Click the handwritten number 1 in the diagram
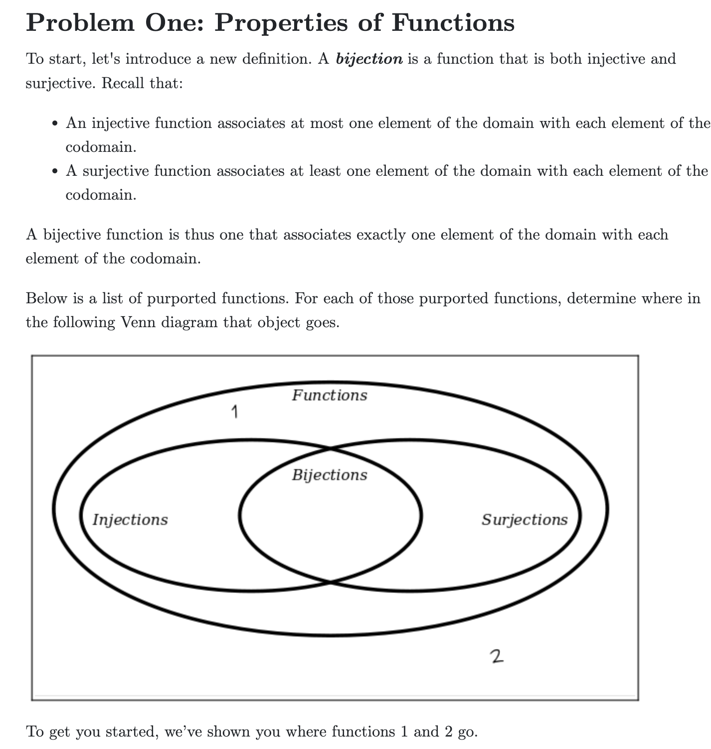point(234,412)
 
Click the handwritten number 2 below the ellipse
point(497,656)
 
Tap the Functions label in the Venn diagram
point(329,395)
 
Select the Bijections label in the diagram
point(329,475)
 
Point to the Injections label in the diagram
point(130,520)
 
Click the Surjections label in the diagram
point(524,520)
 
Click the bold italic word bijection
point(369,59)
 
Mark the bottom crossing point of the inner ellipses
point(330,581)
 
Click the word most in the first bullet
point(327,123)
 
